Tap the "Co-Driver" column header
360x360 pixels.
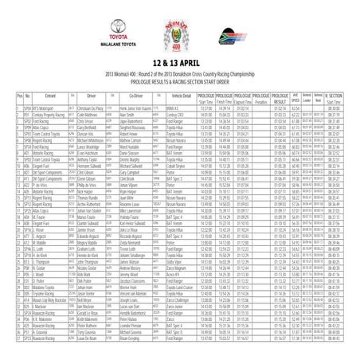142,96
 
